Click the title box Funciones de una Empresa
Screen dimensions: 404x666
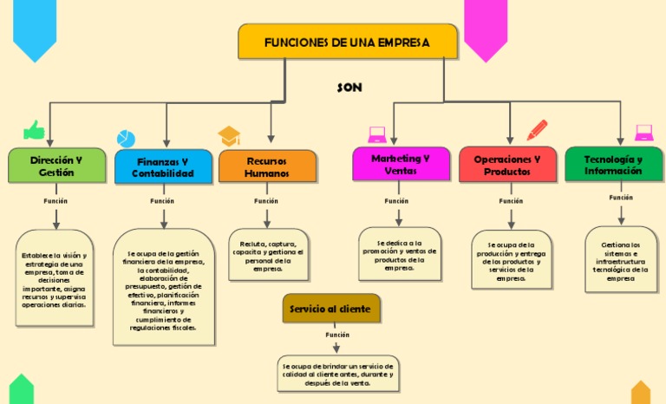(347, 42)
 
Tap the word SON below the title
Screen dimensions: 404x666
(349, 88)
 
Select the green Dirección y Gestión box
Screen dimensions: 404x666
(56, 166)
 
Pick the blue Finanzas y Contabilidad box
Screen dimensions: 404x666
(163, 167)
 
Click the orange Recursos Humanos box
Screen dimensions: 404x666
(267, 166)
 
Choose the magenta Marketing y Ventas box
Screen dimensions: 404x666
(401, 165)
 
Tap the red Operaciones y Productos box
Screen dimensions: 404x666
(507, 166)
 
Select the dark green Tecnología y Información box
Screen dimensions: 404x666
(613, 165)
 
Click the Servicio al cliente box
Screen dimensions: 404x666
(330, 309)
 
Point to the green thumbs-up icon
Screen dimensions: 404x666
(34, 130)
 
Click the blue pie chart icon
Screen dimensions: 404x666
(127, 139)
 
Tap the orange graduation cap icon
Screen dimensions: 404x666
(229, 136)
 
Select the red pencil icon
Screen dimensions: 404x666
(537, 130)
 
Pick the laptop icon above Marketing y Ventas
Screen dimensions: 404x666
(376, 134)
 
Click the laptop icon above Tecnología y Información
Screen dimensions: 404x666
(643, 133)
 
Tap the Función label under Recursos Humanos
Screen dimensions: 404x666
(266, 201)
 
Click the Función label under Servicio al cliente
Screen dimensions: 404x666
(337, 335)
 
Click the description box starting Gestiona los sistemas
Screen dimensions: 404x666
(620, 261)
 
